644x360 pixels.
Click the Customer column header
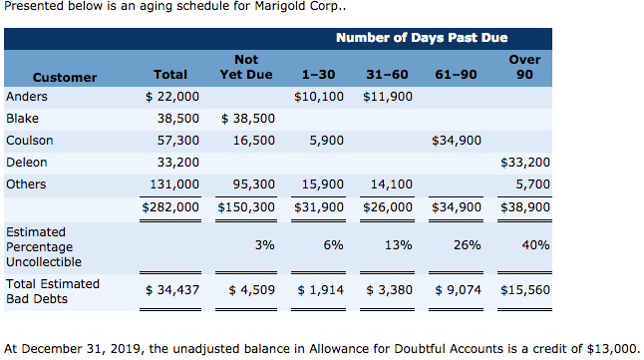pos(65,77)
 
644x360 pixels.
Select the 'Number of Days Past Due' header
pos(421,38)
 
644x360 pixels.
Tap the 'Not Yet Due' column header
pos(245,68)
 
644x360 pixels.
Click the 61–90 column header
pos(457,77)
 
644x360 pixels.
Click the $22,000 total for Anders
pos(172,98)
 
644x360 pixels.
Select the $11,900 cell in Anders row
pos(388,98)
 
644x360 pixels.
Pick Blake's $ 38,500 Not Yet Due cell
pos(245,119)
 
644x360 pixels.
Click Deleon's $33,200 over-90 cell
pos(524,163)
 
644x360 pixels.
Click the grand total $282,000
pos(170,207)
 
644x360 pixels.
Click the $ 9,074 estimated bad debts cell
pos(459,290)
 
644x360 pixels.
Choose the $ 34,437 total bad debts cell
pos(172,290)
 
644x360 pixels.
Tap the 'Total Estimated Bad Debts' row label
pos(53,290)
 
